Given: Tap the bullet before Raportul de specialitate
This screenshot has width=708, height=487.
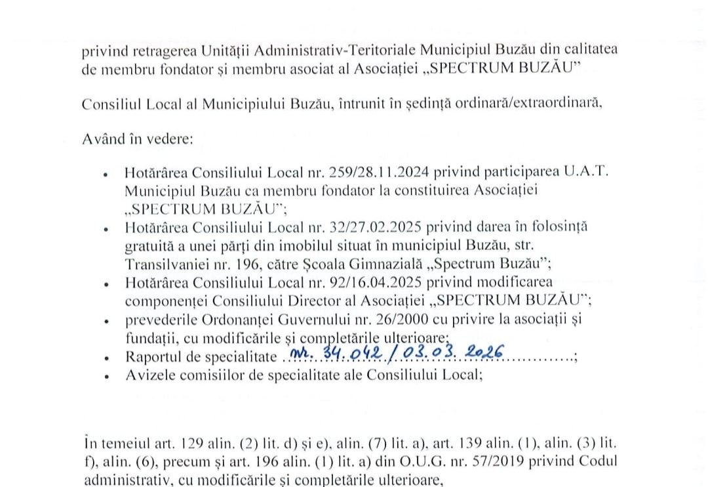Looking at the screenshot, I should click(x=106, y=360).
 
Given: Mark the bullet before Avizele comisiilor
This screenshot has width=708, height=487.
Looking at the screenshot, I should click(x=106, y=377).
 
